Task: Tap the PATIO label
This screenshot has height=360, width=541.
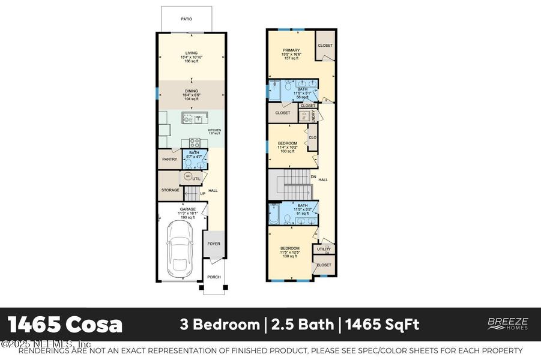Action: tap(187, 19)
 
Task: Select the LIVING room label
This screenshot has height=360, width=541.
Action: tap(191, 53)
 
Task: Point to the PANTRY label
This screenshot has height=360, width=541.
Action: tap(169, 159)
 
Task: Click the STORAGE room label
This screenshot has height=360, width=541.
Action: tap(170, 190)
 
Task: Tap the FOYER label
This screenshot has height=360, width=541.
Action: tap(213, 244)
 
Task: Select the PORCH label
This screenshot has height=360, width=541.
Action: tap(214, 277)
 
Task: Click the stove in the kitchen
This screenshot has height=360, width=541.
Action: tap(195, 143)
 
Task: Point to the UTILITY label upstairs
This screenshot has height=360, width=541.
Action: tap(324, 249)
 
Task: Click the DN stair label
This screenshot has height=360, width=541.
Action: tap(313, 177)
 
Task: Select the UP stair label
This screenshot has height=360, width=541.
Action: tap(202, 194)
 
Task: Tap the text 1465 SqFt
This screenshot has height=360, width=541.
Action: tap(381, 325)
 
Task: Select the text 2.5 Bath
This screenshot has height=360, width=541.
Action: tap(303, 325)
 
